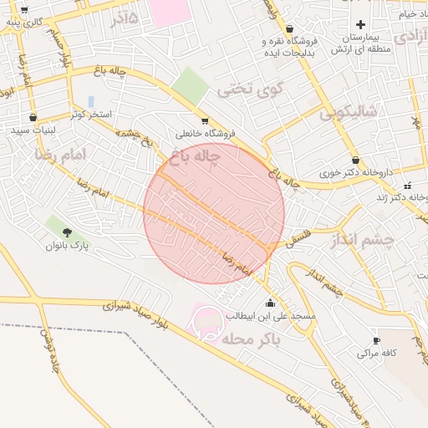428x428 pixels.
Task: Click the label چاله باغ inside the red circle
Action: [x=194, y=155]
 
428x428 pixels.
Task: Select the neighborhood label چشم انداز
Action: [x=362, y=241]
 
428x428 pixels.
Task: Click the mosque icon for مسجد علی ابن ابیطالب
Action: [x=270, y=303]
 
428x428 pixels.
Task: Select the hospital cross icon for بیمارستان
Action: [x=360, y=25]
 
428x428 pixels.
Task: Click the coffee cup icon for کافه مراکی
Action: [x=376, y=340]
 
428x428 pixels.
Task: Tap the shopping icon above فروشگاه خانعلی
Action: [x=205, y=120]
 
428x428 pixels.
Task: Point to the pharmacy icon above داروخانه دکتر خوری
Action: [x=356, y=160]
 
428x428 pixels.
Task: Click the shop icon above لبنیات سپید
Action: [x=33, y=118]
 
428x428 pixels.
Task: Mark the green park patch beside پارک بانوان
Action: [x=55, y=224]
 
